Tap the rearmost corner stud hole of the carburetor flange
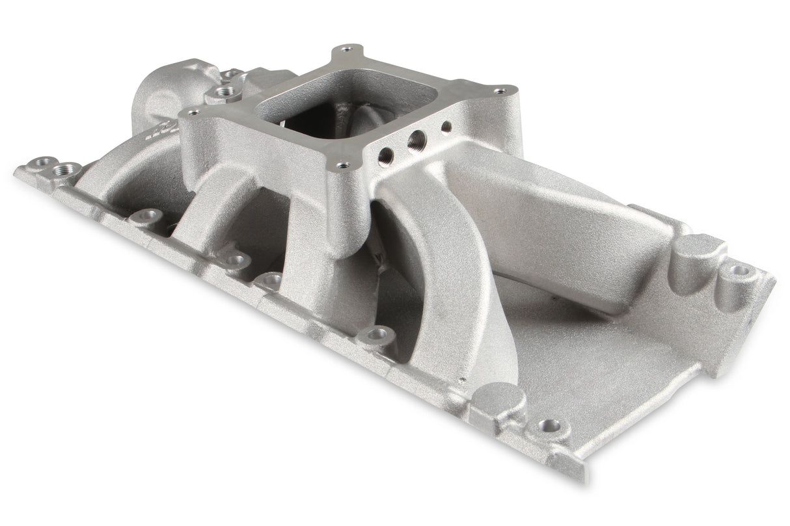(x=345, y=49)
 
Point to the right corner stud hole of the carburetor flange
(x=498, y=92)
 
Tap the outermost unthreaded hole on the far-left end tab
(x=45, y=162)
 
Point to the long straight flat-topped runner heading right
(x=534, y=215)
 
